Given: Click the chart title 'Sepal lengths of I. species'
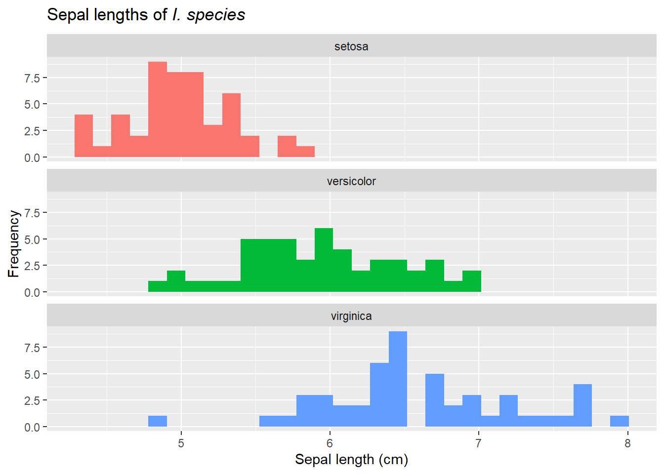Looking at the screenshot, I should [146, 15].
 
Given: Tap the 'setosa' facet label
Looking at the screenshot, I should [351, 46].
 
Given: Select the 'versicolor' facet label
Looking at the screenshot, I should [351, 181].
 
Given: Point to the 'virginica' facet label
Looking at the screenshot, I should [351, 316].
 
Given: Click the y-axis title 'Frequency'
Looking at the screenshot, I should [13, 243].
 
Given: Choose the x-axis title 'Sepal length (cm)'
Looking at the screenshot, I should [351, 460].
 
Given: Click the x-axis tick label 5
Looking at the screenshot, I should [181, 443].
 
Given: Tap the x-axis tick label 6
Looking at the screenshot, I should [330, 443].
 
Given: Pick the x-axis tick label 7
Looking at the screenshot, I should [479, 443].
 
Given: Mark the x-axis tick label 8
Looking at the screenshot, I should [627, 443].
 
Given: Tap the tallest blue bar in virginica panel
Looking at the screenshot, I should [398, 379].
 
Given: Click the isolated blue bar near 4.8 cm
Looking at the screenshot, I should [158, 421].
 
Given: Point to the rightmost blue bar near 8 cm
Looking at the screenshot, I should [619, 421].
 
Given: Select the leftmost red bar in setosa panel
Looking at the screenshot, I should [83, 136].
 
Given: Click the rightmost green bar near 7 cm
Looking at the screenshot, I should [472, 281].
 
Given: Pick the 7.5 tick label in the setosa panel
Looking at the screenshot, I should [32, 78].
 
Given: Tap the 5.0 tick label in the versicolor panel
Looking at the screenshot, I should [32, 239].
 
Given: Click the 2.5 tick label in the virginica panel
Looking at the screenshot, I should [32, 400].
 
